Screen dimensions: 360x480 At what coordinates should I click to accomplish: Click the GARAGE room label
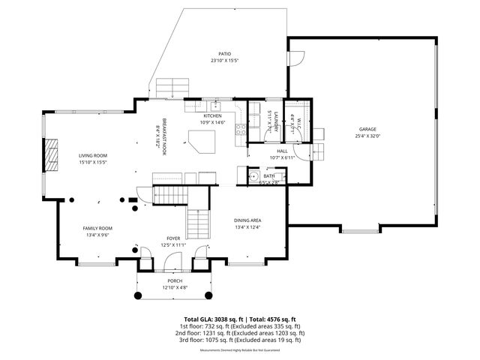pos(368,129)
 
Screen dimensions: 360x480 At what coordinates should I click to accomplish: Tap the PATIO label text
pos(224,55)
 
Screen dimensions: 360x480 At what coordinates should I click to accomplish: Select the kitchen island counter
pos(202,140)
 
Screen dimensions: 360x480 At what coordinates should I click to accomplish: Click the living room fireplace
pos(51,155)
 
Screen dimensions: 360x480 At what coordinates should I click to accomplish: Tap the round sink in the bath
pos(243,177)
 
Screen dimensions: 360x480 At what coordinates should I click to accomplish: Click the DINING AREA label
pos(247,220)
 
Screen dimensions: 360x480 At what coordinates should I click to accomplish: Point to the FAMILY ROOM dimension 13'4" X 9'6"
pos(97,234)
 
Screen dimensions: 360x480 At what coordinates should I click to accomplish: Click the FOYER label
pos(173,238)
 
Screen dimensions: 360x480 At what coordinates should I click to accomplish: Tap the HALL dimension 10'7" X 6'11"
pos(283,157)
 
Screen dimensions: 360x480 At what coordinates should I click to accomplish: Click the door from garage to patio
pos(296,58)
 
